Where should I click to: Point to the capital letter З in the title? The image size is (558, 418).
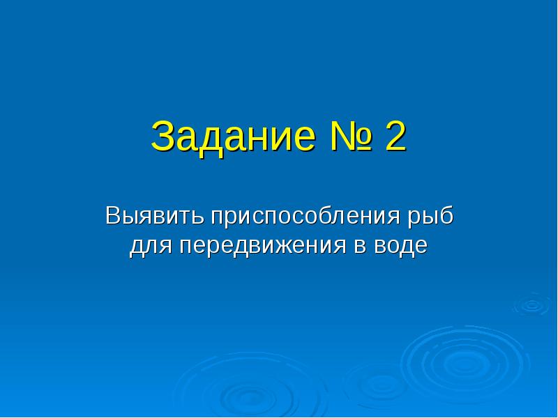point(163,137)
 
